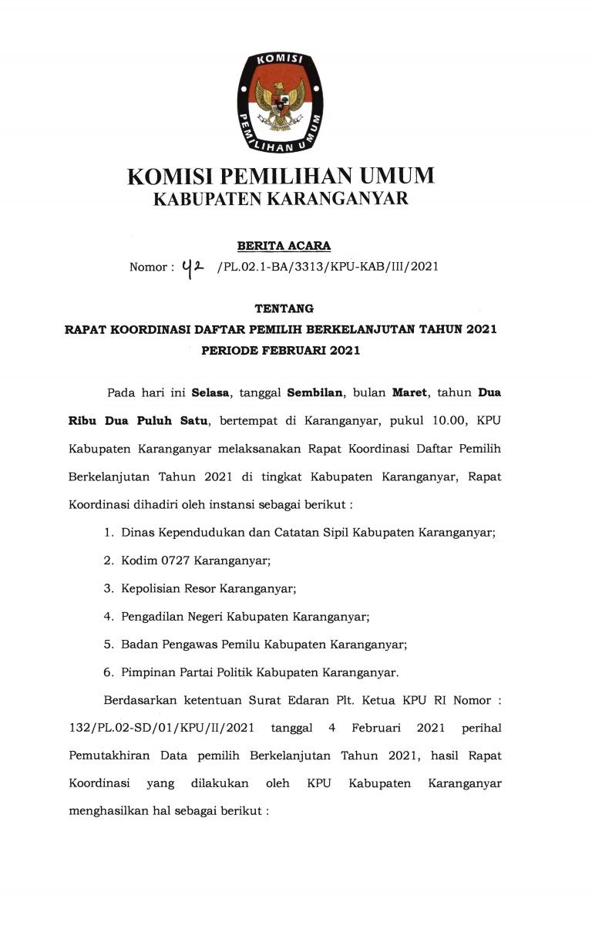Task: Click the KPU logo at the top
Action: (280, 103)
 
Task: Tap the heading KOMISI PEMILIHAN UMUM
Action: (281, 177)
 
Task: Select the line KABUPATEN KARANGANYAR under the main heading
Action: (281, 200)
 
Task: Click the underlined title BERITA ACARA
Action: (284, 246)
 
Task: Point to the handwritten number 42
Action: (193, 267)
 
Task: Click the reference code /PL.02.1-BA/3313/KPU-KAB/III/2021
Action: (328, 267)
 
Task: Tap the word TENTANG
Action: (284, 308)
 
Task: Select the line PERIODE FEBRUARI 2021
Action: (281, 351)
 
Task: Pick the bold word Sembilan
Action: (316, 392)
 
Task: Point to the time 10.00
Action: (448, 420)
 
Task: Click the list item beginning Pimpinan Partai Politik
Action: (260, 672)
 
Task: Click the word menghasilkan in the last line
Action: (108, 811)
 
